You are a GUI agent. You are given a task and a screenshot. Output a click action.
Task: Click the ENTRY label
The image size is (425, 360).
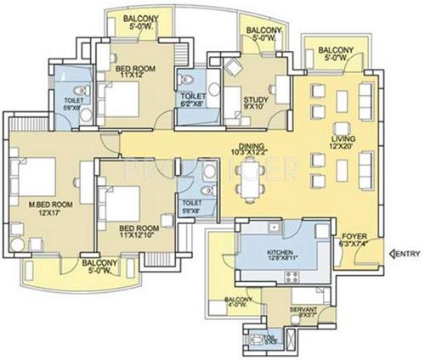pyautogui.click(x=406, y=254)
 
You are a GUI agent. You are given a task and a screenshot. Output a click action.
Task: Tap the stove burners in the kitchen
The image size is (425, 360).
pyautogui.click(x=292, y=278)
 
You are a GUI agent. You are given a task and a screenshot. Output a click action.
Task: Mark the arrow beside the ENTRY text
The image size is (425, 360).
pyautogui.click(x=390, y=254)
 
